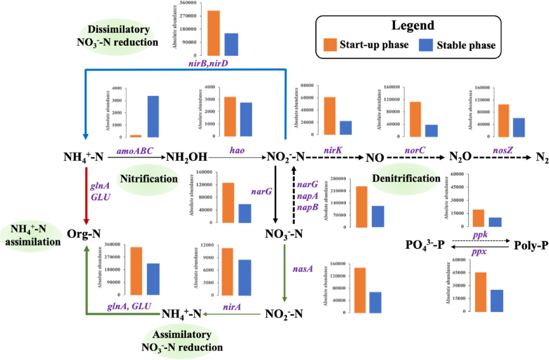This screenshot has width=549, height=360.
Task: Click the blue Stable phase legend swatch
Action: (426, 45)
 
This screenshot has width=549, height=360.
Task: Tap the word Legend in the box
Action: (413, 25)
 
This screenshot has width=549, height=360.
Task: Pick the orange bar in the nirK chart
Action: (330, 116)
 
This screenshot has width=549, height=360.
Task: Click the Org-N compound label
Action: (84, 234)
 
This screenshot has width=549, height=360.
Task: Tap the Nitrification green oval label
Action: (149, 178)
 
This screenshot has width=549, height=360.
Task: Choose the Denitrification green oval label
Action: (406, 178)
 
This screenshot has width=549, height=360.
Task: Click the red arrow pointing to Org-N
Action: (86, 196)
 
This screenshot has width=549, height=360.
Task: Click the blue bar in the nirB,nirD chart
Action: (231, 44)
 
